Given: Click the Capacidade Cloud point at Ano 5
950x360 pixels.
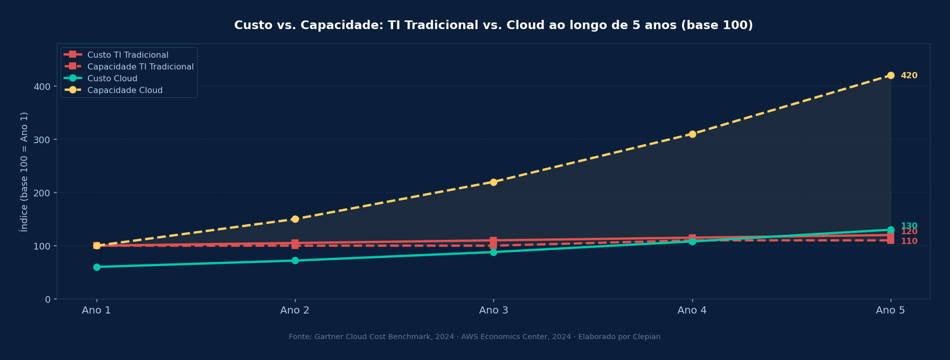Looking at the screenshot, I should [x=891, y=75].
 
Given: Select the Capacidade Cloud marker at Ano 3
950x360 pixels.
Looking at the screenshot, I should [x=493, y=182].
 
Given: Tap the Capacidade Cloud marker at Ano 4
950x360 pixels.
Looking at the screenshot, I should [x=692, y=134].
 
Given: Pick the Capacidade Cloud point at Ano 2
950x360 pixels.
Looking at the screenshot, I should [x=295, y=219].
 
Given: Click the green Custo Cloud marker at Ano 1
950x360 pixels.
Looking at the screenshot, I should [x=97, y=267].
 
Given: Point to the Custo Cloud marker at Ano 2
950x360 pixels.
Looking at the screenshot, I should [x=295, y=261].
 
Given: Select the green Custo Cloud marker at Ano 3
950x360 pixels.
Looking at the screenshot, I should [x=493, y=252].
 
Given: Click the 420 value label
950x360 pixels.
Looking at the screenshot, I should [x=909, y=75].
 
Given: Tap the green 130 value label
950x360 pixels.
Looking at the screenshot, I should [x=909, y=226].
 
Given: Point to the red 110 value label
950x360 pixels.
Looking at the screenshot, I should [x=909, y=241].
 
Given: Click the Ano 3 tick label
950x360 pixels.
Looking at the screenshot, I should [x=493, y=310].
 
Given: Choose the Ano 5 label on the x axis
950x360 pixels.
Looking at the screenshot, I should [x=891, y=310].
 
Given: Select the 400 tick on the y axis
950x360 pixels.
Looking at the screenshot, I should [x=42, y=87].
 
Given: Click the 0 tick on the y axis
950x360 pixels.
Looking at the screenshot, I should [x=47, y=299].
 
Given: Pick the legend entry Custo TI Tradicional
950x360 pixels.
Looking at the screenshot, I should [x=128, y=55].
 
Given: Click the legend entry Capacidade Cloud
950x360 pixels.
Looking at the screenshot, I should [x=125, y=90].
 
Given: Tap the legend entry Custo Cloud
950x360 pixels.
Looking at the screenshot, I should [x=112, y=78].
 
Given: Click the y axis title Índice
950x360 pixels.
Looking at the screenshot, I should [x=24, y=172].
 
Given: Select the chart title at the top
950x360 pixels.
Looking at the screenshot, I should [x=493, y=26].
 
